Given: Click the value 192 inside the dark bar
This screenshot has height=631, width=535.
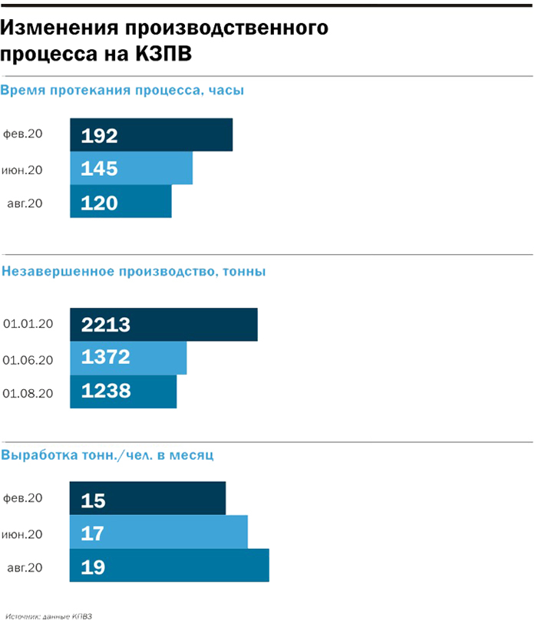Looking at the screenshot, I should pos(100,136).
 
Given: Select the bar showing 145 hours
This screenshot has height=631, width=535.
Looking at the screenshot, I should pos(131,168).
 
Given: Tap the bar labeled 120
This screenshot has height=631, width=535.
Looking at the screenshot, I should pos(121,203).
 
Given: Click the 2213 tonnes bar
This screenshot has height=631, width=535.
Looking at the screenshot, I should pos(163,325).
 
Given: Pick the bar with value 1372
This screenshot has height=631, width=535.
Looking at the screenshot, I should pos(128,358).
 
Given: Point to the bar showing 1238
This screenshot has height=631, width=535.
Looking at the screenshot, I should pos(124,391).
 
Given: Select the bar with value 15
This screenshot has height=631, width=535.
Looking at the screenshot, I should pos(148,500).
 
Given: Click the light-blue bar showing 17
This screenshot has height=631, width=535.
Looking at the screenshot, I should pos(159,533).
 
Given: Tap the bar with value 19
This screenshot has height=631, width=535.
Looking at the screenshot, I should pos(170,567).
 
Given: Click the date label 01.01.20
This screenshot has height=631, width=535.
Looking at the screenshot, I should pos(28,325).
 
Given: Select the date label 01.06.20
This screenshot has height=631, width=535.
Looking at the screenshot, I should pos(28,358).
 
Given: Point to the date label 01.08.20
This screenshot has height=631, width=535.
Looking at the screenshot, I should pos(28,392).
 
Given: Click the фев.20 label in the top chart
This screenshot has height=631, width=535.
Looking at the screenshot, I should pos(23,134).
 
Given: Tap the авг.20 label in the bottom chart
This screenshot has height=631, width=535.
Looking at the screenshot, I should pos(25,568).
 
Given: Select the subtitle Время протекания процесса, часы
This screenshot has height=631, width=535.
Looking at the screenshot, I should pos(123,91).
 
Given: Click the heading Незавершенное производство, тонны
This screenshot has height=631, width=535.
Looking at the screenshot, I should pos(134,271).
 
